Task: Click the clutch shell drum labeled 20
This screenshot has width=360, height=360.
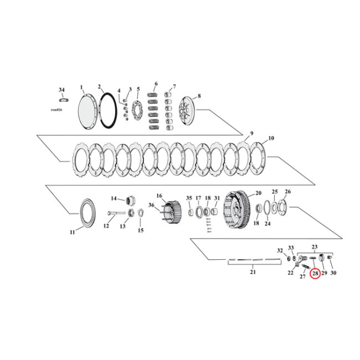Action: (235, 211)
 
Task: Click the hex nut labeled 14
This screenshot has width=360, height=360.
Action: (132, 200)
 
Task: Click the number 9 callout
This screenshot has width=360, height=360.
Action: (252, 133)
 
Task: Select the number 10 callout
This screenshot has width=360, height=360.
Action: (271, 138)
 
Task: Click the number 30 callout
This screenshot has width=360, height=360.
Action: (334, 274)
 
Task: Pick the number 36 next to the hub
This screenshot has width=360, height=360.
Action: (151, 205)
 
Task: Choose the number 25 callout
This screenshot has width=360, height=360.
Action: (275, 192)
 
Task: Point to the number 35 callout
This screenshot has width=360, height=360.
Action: (188, 198)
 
